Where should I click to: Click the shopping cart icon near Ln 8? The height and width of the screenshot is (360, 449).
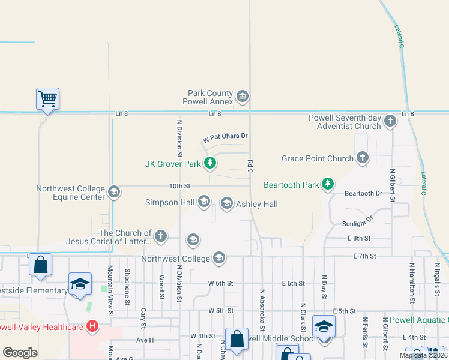click(x=47, y=98)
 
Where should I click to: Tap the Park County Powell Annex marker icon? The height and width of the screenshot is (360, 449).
click(x=243, y=96)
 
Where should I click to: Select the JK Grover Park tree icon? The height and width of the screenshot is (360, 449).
click(x=209, y=163)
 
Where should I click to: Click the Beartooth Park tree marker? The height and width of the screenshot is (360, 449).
click(x=327, y=184)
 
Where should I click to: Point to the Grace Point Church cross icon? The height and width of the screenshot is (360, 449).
click(x=362, y=158)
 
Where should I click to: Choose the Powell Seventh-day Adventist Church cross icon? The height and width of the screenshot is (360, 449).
click(x=390, y=121)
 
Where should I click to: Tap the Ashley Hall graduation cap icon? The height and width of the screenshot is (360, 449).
click(x=226, y=204)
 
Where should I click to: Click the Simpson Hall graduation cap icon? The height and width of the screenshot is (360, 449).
click(x=203, y=202)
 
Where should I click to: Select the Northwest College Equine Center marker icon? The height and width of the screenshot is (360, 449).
click(x=113, y=192)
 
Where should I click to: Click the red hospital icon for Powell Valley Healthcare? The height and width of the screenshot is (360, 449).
click(x=92, y=327)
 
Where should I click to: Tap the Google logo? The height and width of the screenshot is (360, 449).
click(x=20, y=353)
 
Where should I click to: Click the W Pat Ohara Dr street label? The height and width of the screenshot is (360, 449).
click(x=225, y=137)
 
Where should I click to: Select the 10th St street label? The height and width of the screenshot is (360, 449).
click(x=179, y=186)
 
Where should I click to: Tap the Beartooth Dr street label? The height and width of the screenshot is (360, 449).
click(x=363, y=193)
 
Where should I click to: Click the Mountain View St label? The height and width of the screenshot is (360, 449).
click(x=110, y=287)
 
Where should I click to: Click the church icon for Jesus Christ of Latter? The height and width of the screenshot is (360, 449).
click(x=160, y=236)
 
